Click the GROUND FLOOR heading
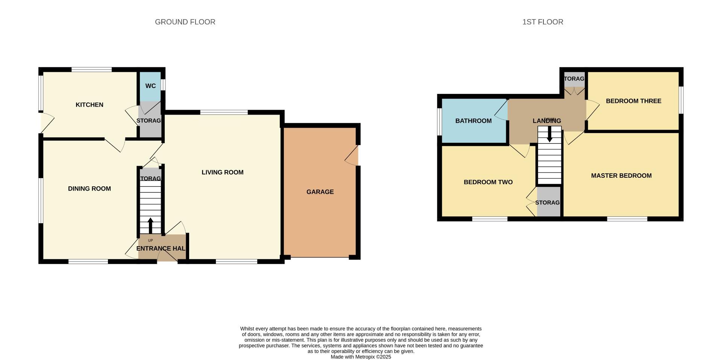(185, 22)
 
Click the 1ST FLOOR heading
(543, 22)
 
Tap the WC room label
(150, 86)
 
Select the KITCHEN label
(89, 105)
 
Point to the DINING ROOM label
(89, 189)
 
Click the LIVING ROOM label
(223, 172)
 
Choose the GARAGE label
(320, 192)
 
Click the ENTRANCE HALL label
(161, 248)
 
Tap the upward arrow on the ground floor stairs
(150, 225)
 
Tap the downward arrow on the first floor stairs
(549, 134)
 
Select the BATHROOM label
(473, 121)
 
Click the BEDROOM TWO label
(488, 182)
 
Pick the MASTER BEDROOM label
(621, 175)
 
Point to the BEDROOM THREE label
(634, 101)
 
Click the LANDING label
(547, 121)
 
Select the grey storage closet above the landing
(574, 79)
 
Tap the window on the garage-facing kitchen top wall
(92, 70)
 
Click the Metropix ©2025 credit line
(361, 357)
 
